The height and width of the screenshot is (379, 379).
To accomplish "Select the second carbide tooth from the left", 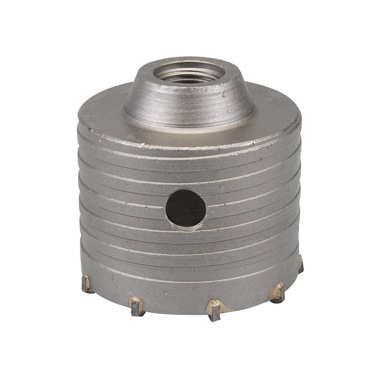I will point(137,305).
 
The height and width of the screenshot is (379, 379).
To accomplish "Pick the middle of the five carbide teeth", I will point(214,309).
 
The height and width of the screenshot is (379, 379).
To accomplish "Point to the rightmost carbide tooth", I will point(301,264).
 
